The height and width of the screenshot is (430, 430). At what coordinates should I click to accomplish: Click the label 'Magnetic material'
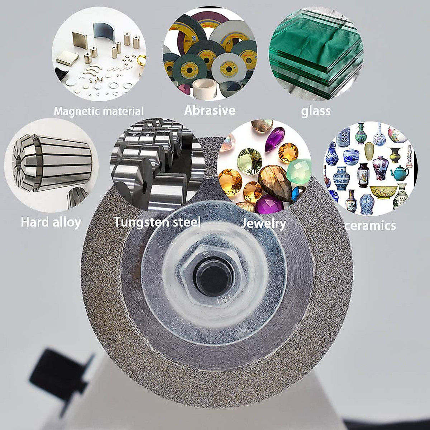point(99,111)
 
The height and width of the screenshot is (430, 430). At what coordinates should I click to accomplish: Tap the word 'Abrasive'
point(210,110)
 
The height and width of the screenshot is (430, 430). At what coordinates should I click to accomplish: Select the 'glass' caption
point(315,111)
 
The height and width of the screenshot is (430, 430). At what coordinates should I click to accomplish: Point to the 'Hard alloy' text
point(51,222)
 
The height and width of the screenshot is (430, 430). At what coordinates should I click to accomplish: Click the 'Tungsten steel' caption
point(157,222)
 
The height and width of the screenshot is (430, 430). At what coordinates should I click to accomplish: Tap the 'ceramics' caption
point(370,225)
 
